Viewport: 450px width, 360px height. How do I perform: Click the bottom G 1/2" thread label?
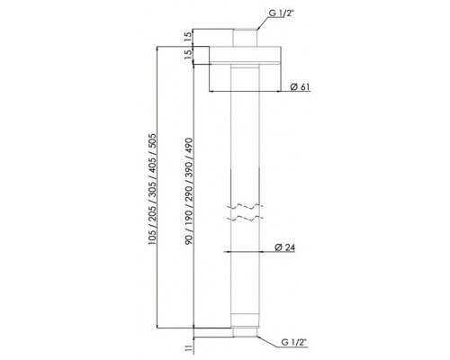point(294,342)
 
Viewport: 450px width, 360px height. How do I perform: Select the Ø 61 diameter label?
point(300,87)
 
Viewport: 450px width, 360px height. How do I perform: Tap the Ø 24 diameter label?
point(285,247)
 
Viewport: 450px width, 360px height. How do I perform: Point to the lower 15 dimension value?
point(187,54)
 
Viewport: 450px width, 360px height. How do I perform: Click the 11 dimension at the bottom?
point(188,348)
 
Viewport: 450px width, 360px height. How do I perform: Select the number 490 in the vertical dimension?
point(188,145)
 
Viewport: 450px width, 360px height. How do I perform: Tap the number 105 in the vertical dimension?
point(152,237)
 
